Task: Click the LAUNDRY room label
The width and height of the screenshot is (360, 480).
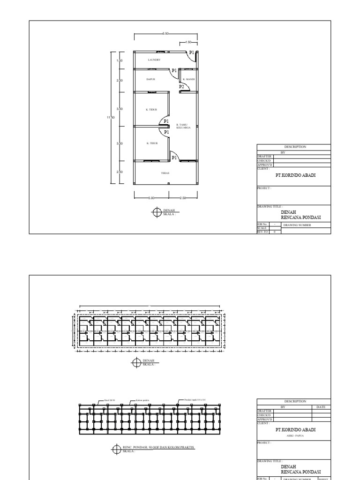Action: (x=154, y=60)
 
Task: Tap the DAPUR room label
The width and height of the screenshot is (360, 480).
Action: (x=150, y=80)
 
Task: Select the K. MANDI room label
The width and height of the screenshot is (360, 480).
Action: (x=189, y=80)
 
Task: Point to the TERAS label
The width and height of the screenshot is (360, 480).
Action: (x=165, y=173)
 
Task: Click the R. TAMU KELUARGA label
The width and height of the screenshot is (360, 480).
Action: (x=182, y=126)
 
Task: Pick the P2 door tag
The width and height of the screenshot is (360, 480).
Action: (x=181, y=87)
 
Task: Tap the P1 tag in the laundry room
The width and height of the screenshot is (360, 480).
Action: (x=191, y=53)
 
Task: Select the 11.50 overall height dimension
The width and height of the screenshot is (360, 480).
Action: (x=111, y=117)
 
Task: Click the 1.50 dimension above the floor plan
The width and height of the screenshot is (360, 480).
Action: (x=189, y=42)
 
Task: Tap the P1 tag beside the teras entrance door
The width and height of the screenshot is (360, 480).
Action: (x=174, y=158)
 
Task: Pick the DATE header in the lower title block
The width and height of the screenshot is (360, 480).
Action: (x=321, y=407)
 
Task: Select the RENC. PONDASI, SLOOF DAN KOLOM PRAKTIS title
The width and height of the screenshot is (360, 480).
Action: (x=158, y=447)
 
